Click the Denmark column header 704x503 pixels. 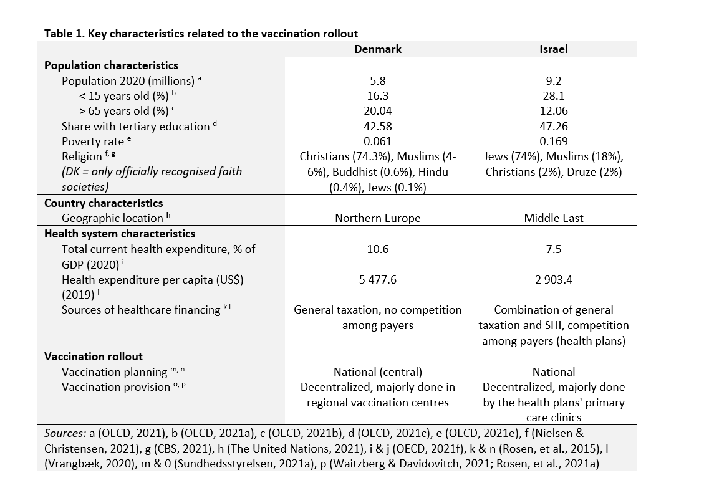coord(378,49)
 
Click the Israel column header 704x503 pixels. coord(554,49)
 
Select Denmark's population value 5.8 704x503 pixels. coord(378,81)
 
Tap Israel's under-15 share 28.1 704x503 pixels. coord(554,96)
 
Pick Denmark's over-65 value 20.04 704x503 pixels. coord(378,111)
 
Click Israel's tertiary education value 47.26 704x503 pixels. coord(554,127)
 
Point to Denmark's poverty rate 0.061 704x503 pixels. coord(378,141)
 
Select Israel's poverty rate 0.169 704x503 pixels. coord(554,141)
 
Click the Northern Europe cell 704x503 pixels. coord(378,218)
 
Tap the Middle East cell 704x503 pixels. coord(554,218)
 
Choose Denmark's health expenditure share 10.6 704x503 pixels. coord(378,249)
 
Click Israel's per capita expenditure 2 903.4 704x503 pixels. coord(554,279)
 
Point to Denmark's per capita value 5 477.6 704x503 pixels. coord(378,279)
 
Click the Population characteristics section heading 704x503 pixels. coord(111,65)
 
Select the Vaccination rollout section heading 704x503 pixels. coord(94,357)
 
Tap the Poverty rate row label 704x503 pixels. coord(93,141)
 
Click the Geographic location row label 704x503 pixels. coord(112,218)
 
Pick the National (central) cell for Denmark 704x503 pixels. coord(378,372)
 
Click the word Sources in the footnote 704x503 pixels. coord(65,433)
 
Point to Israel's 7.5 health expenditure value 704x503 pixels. coord(554,249)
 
